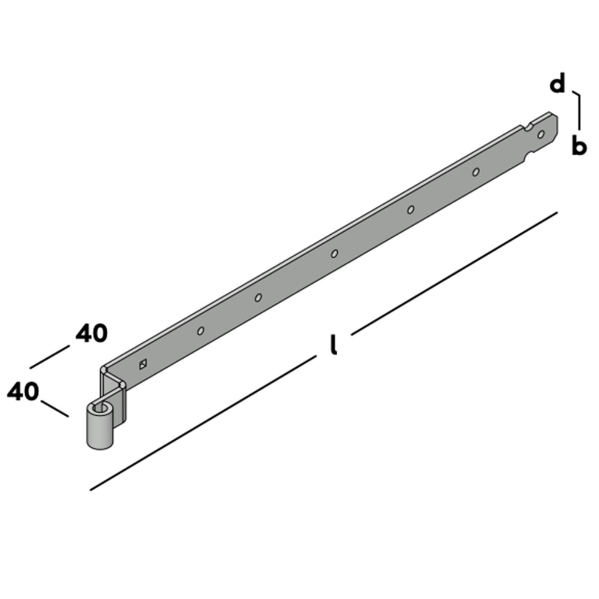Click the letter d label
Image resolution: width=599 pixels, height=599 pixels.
[557, 84]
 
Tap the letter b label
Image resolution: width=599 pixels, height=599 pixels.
[579, 146]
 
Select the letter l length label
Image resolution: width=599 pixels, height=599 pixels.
[334, 345]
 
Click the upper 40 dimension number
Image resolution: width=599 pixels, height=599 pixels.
[92, 333]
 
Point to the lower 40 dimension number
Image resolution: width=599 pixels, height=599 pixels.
[23, 392]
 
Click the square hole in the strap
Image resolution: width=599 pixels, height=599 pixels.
[143, 364]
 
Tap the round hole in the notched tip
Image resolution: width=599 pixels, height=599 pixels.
[541, 134]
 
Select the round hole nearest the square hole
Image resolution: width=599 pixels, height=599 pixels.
[201, 331]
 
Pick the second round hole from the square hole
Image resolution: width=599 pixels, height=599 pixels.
[258, 297]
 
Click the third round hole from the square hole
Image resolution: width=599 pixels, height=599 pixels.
[334, 253]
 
